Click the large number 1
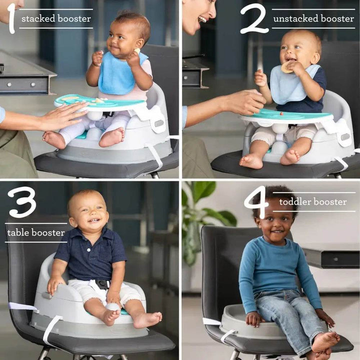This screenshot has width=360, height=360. (11, 18)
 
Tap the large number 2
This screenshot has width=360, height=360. (254, 18)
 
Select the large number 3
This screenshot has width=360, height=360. (22, 202)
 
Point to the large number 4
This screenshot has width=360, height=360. (257, 202)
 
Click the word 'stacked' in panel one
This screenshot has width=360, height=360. (38, 18)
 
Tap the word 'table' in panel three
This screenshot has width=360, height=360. (18, 232)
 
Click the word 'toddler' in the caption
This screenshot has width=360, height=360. (295, 202)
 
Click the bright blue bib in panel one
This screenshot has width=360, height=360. (119, 74)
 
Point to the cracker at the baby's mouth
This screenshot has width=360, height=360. (287, 67)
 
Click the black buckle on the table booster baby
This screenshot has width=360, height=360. (102, 284)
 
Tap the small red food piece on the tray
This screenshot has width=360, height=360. (281, 113)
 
